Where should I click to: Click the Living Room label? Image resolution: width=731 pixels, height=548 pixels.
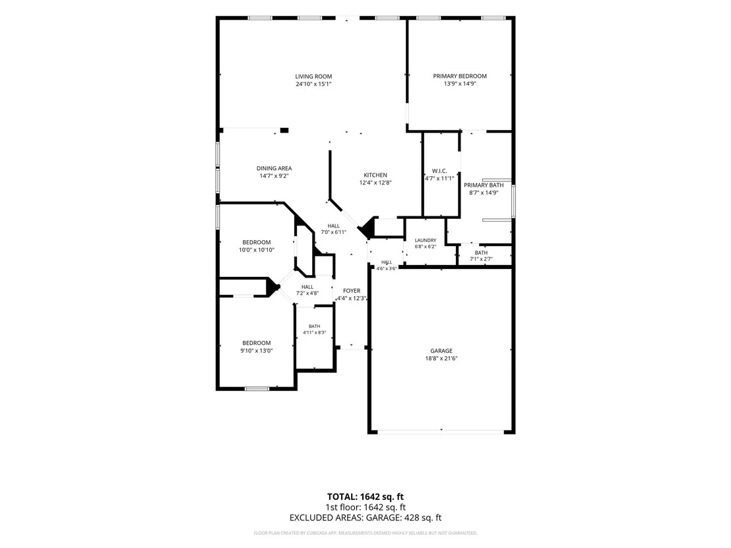point(313,76)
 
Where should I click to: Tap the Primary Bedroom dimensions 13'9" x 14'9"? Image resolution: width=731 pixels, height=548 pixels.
point(460,84)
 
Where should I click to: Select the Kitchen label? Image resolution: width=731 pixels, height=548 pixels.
point(375,175)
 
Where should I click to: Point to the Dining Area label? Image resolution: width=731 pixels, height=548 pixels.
point(274,168)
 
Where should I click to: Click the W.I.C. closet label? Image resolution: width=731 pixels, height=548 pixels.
point(439,171)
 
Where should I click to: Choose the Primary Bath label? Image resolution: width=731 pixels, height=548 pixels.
point(484,185)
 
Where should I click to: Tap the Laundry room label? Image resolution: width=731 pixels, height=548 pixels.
point(425,241)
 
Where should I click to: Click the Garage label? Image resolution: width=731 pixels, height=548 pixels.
point(441,351)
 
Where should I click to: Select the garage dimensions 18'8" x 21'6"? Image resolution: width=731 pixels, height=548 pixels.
point(441,358)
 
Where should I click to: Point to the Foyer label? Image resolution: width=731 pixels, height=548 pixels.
point(352,291)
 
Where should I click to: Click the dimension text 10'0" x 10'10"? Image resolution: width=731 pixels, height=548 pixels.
point(257,250)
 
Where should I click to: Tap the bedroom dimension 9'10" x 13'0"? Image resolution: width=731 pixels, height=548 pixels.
point(257,350)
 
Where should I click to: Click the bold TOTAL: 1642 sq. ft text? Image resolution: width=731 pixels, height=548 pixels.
point(365,497)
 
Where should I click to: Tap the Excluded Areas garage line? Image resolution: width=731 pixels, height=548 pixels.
point(365,517)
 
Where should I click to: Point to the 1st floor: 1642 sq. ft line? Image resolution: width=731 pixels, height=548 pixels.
point(365,507)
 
